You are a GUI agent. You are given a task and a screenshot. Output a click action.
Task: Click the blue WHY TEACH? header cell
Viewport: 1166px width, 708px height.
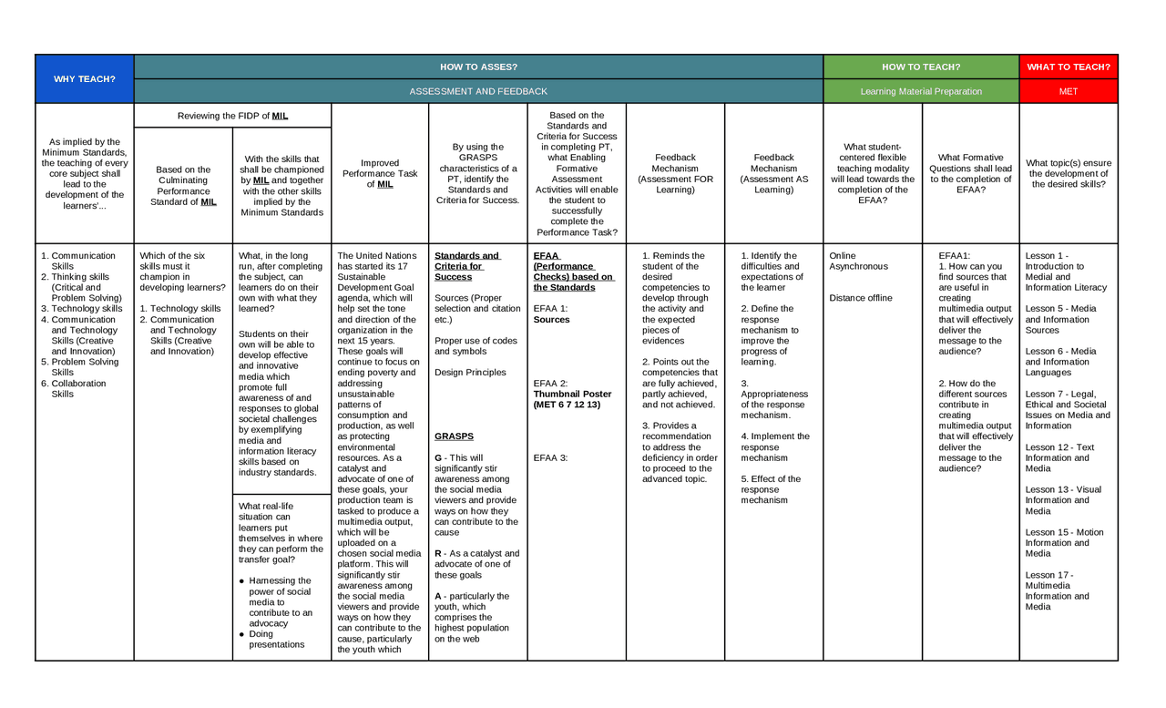click(x=84, y=78)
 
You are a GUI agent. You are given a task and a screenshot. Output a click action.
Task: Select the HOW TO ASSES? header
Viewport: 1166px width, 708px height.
click(x=478, y=67)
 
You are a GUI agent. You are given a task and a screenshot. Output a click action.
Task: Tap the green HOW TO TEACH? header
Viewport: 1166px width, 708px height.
click(x=921, y=67)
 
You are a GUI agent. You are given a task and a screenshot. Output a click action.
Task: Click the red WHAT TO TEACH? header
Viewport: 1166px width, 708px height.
click(x=1069, y=67)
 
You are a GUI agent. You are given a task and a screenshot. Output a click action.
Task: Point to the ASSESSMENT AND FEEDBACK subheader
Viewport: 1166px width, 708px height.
click(x=478, y=91)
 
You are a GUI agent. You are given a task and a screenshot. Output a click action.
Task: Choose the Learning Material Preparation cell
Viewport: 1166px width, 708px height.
click(x=921, y=91)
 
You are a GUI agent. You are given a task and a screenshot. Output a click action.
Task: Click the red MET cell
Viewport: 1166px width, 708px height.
click(x=1069, y=91)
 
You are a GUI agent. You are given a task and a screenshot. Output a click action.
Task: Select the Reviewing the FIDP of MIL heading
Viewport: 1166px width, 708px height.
click(x=232, y=116)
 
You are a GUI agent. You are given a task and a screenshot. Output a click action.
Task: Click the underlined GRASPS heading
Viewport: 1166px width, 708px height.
click(x=454, y=436)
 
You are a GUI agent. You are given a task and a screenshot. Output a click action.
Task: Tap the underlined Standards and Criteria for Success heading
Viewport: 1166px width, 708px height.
click(x=466, y=266)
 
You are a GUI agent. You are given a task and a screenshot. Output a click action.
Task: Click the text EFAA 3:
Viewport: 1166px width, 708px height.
click(x=550, y=457)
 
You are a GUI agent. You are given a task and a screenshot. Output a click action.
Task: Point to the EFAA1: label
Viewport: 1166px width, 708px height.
click(x=955, y=256)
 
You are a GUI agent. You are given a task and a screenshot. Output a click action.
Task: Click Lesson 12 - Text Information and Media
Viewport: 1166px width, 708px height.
click(x=1059, y=457)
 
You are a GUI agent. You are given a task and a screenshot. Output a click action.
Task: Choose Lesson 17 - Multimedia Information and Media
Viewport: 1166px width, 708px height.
click(x=1057, y=590)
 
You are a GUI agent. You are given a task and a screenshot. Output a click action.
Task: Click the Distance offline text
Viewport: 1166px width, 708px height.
click(x=861, y=298)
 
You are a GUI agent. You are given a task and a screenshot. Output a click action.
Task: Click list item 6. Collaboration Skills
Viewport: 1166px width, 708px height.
click(x=78, y=388)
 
